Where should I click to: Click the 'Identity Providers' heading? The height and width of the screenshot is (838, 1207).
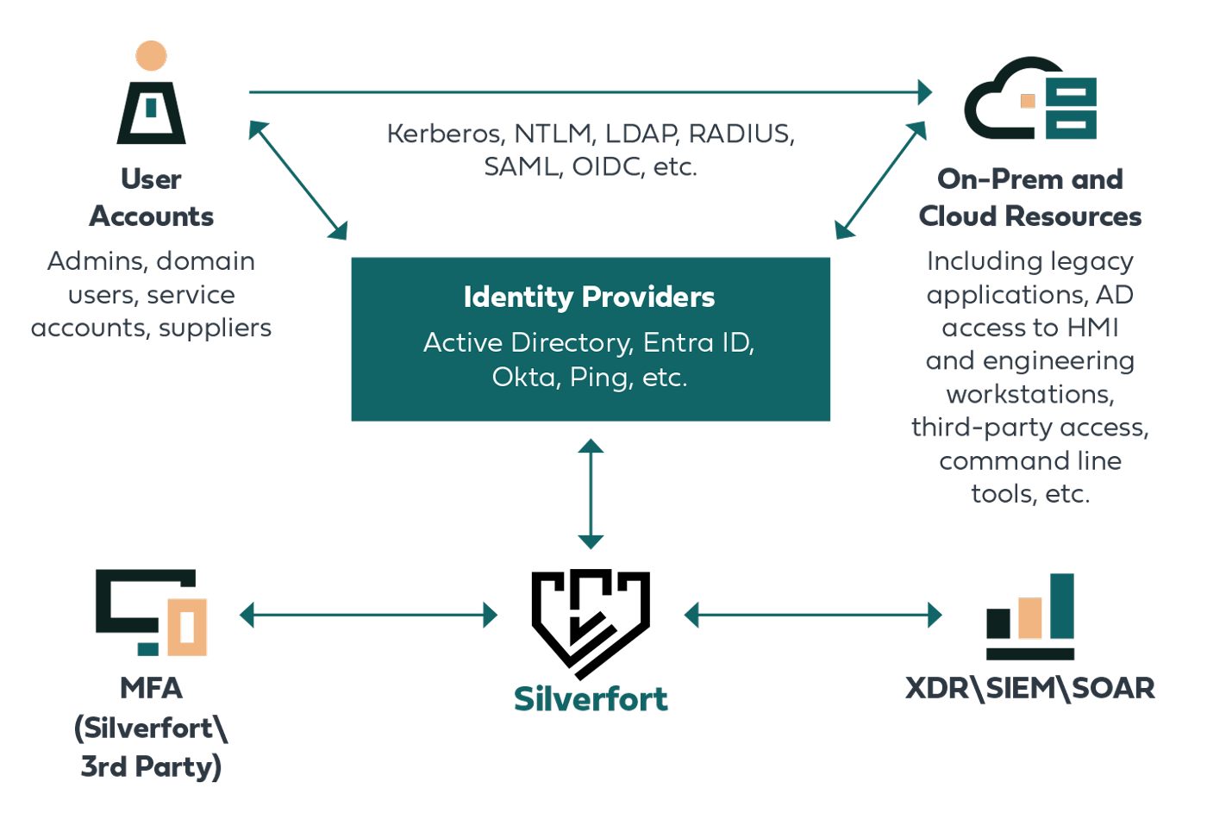(589, 297)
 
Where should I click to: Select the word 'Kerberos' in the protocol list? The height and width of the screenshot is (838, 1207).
(444, 134)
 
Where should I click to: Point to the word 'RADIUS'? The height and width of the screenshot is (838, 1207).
(741, 134)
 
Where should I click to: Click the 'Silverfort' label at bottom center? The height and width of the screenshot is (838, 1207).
(591, 699)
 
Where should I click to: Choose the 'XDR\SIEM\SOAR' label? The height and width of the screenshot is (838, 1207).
(1029, 688)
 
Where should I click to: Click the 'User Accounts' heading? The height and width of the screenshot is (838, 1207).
(152, 197)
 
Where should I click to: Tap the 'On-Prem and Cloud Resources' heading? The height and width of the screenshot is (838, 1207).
(1029, 197)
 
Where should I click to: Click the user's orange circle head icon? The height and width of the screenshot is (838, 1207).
(152, 56)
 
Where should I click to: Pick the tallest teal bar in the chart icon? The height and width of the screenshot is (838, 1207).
(1061, 606)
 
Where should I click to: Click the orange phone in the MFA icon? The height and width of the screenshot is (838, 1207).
(187, 627)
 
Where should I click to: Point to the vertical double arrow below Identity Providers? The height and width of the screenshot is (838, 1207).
(591, 494)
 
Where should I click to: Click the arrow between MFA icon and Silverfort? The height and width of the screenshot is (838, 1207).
(369, 615)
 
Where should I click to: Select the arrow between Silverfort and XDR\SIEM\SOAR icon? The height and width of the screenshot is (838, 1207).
(813, 615)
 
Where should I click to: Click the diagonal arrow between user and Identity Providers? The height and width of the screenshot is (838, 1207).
(298, 180)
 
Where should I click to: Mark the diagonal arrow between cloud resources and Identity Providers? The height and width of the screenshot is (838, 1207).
(881, 180)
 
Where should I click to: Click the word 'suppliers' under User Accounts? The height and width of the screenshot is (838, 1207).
(215, 328)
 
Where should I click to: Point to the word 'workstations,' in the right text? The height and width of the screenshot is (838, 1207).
(1029, 395)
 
